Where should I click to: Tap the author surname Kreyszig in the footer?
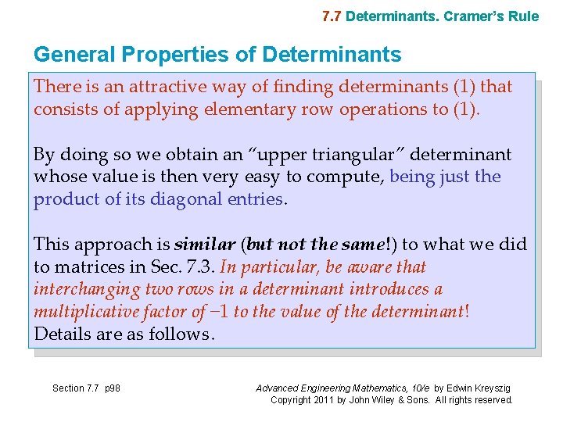494,388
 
